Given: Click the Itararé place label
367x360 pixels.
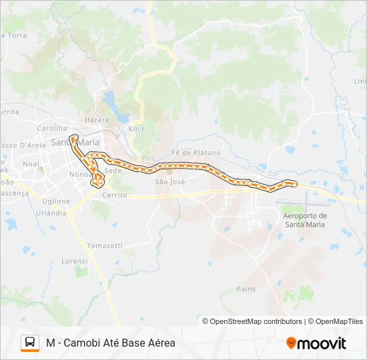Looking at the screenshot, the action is [x=96, y=119].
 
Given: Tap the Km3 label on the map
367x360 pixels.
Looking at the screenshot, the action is [x=136, y=129].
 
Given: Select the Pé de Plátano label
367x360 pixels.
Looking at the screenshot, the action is [x=196, y=153].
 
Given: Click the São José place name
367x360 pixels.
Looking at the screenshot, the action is [x=169, y=181].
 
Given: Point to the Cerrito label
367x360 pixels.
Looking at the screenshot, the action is [x=115, y=195].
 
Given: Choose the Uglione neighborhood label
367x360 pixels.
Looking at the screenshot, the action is [x=56, y=201].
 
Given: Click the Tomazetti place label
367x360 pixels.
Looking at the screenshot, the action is [x=105, y=245].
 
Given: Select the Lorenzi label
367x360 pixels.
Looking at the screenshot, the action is [x=75, y=261].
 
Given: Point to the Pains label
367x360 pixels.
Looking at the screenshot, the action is [x=246, y=289].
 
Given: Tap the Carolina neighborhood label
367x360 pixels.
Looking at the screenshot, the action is [x=52, y=128].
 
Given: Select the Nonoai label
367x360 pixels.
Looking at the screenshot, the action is [x=79, y=174].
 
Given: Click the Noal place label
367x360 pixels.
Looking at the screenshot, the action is [x=31, y=163].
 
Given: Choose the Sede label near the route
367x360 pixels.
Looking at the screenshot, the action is [x=113, y=171].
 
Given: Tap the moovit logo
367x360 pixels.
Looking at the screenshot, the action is [x=316, y=343].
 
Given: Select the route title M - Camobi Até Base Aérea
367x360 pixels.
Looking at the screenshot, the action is [x=111, y=343].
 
